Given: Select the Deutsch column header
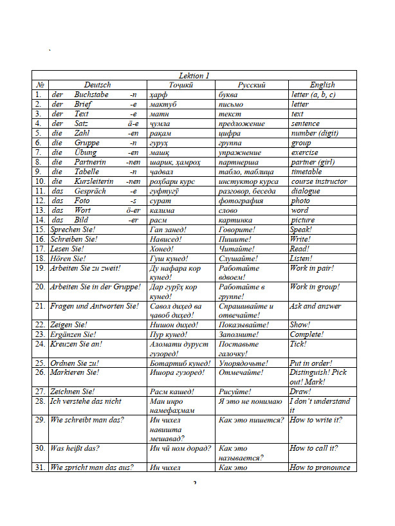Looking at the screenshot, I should [97, 85].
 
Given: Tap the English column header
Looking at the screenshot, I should [322, 85].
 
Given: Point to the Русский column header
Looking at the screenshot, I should [252, 85].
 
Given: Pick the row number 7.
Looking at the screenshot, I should [38, 152].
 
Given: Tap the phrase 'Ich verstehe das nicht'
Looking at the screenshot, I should [86, 401].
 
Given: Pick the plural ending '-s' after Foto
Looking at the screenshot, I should [133, 201].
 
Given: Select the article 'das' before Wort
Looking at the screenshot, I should [57, 210].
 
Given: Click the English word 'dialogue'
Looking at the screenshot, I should [305, 191].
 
